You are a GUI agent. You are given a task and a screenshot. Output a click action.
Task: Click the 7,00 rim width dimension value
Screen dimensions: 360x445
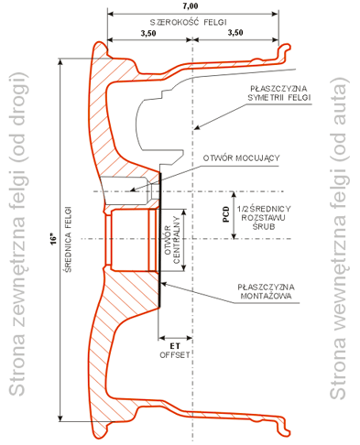point(191,5)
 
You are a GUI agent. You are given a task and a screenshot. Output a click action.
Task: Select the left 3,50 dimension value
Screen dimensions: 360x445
point(148,33)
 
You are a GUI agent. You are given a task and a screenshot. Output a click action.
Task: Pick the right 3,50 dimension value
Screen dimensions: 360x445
point(235,32)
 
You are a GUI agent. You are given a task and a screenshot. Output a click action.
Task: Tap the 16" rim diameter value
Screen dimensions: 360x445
point(54,239)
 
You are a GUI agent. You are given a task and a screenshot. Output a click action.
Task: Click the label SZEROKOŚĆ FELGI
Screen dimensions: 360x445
point(189,22)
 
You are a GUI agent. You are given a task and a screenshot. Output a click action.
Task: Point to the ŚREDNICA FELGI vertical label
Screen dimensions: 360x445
point(69,240)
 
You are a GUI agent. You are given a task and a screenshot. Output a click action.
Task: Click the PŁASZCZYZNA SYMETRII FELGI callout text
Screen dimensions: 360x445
point(278,93)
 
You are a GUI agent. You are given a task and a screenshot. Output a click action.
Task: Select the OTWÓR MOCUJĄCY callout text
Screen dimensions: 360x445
point(241,158)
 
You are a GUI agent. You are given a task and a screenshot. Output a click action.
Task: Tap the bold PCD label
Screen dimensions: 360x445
point(226,214)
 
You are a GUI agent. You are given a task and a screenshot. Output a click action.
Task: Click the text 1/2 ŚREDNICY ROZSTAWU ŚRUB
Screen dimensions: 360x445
point(264,218)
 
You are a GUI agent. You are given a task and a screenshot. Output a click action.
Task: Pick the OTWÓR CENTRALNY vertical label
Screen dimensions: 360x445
point(172,240)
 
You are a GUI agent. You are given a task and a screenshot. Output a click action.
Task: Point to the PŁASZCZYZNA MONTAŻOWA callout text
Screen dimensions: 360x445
point(266,291)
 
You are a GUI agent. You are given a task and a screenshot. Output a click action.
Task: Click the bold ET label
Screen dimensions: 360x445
point(175,346)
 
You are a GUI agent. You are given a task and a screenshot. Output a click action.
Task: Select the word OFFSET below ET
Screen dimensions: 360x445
point(175,355)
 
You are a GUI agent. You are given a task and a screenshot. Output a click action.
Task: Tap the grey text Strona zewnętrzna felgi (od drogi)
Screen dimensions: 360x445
point(17,234)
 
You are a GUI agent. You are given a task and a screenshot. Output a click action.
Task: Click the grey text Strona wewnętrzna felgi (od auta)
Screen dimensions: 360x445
point(339,238)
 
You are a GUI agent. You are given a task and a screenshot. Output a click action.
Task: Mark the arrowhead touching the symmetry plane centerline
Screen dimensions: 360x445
point(197,127)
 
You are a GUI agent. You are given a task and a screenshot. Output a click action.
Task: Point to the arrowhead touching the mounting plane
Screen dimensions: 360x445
point(164,284)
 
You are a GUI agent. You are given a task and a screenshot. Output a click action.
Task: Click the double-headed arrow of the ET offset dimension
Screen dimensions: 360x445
point(175,338)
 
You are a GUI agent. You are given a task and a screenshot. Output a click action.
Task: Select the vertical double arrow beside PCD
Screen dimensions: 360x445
point(234,215)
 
